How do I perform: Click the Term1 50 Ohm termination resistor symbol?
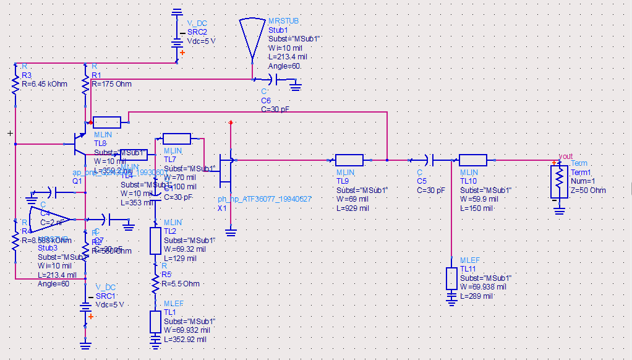click(559, 180)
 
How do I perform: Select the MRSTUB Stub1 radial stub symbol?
click(254, 37)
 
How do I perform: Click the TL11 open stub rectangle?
click(451, 278)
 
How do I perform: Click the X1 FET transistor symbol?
click(226, 171)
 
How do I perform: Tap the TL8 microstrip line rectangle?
click(106, 122)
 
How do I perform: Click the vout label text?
click(566, 156)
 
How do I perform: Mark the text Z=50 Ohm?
click(588, 191)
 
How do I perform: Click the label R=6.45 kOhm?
click(44, 84)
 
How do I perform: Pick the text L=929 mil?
click(352, 208)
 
